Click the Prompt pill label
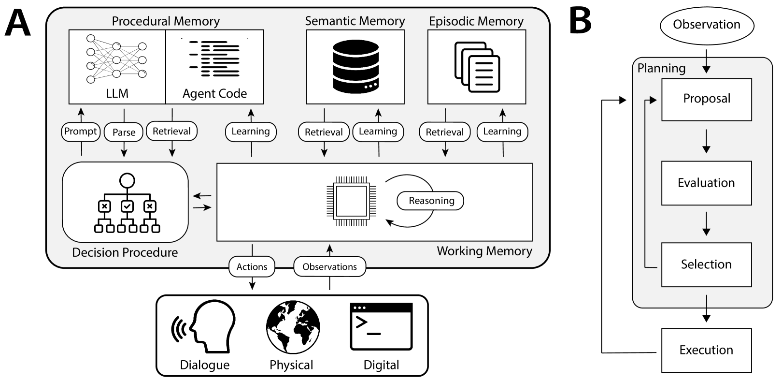pos(81,132)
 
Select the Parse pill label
pos(124,132)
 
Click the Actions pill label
pos(252,267)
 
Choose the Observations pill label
pos(329,267)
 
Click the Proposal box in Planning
pos(706,99)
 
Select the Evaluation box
pos(706,183)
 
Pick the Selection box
pos(706,264)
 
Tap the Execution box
pos(706,350)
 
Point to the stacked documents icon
pos(477,67)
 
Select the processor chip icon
pos(351,201)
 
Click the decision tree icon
pos(127,203)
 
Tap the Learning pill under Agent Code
pos(251,132)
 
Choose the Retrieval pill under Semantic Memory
pos(324,132)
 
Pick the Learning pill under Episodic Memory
pos(502,132)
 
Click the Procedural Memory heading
pos(166,21)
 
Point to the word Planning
pos(661,68)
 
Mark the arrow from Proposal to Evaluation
pos(706,141)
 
